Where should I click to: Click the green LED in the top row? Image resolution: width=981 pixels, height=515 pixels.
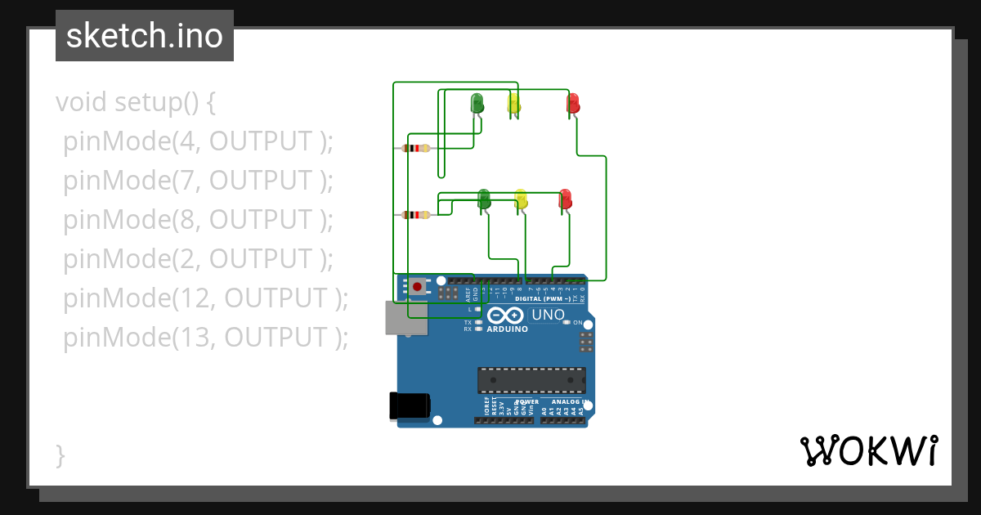(477, 104)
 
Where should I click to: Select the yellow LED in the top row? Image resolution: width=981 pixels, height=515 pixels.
(513, 104)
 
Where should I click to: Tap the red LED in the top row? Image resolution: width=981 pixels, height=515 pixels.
(573, 104)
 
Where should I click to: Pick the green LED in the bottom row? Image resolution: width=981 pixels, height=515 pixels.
(483, 199)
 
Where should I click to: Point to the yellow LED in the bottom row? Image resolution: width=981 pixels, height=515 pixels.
(521, 199)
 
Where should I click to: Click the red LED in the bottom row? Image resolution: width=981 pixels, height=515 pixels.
(565, 199)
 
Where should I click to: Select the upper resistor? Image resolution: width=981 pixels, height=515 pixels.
(417, 148)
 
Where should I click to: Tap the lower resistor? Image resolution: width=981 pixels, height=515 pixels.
(417, 215)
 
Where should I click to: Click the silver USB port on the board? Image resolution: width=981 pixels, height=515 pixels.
(406, 317)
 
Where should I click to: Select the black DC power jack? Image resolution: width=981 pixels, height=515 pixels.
(410, 405)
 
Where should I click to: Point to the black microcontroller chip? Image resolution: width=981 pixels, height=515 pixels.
(531, 380)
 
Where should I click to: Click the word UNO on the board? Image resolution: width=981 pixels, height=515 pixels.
(548, 315)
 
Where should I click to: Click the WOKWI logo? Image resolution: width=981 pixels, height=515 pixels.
(869, 450)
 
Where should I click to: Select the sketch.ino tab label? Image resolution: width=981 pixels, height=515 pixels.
(145, 36)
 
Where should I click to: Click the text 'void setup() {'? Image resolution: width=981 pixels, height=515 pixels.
(136, 103)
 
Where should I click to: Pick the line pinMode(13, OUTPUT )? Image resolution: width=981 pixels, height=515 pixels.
(205, 337)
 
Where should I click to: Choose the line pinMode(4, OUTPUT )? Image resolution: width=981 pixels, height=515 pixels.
(199, 141)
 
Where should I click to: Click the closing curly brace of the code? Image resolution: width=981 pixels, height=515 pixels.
(60, 455)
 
